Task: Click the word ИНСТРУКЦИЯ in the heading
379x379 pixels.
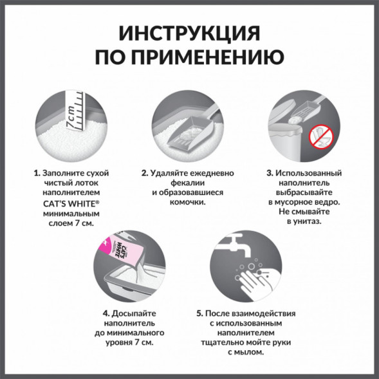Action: tap(189, 32)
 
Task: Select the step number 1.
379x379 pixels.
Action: tap(36, 173)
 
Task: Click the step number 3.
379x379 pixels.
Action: tap(269, 173)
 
